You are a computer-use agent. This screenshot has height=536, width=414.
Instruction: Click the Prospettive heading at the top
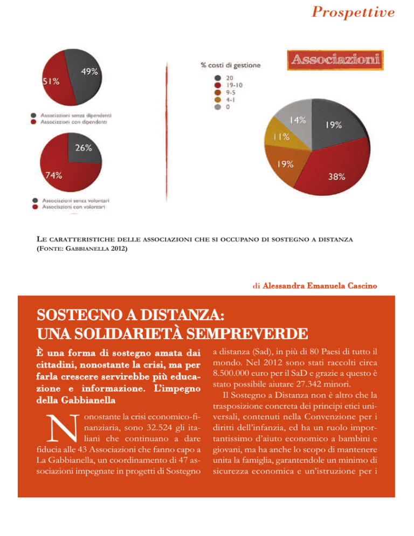click(353, 12)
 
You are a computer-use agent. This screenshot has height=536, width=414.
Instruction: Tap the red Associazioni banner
click(335, 60)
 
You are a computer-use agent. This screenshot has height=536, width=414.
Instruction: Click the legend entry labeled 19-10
click(229, 85)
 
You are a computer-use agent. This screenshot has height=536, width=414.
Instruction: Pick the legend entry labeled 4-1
click(225, 100)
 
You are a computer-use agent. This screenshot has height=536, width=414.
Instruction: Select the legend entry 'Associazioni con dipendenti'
click(69, 122)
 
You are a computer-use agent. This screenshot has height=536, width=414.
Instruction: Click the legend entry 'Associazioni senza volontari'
click(71, 201)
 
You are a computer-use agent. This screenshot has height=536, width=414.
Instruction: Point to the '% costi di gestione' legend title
click(230, 65)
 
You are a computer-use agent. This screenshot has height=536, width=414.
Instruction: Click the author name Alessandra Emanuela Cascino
click(320, 286)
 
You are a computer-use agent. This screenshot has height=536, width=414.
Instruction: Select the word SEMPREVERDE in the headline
click(247, 334)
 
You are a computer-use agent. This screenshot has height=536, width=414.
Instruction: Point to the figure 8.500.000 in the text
click(231, 373)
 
